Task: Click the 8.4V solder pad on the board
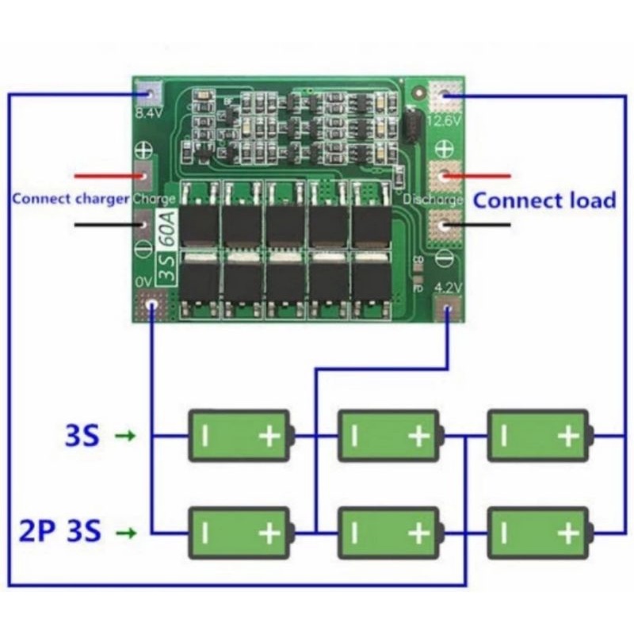pyautogui.click(x=147, y=94)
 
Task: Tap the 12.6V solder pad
pyautogui.click(x=444, y=97)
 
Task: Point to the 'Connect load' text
pyautogui.click(x=544, y=201)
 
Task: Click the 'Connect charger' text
pyautogui.click(x=71, y=200)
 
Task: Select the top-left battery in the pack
pyautogui.click(x=241, y=435)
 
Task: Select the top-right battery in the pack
pyautogui.click(x=540, y=435)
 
